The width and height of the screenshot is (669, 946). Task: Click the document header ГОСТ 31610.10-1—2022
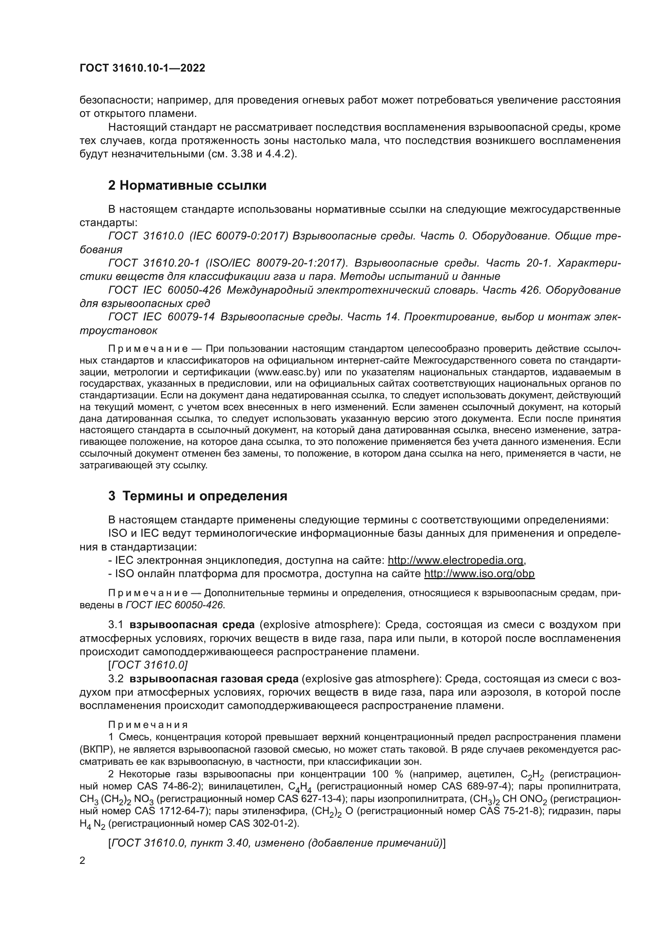click(x=142, y=68)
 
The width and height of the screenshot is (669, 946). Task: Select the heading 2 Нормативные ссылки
click(x=187, y=186)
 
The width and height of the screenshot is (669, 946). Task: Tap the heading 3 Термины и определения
click(x=198, y=496)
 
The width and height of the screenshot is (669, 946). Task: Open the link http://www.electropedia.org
click(x=455, y=560)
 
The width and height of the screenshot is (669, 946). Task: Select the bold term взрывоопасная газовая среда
click(x=214, y=679)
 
